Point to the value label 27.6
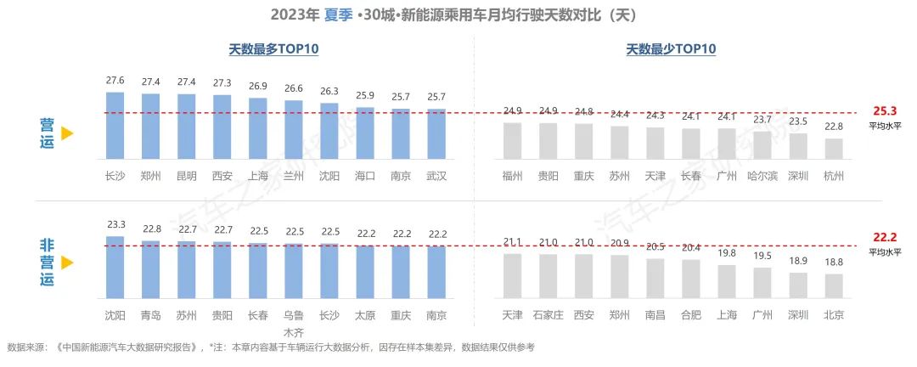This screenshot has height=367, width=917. pyautogui.click(x=115, y=81)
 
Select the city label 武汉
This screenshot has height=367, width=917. pyautogui.click(x=436, y=176)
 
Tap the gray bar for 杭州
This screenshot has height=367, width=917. pyautogui.click(x=834, y=150)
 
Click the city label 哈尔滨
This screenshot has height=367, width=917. pyautogui.click(x=762, y=176)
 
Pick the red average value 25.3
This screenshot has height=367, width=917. pyautogui.click(x=883, y=111)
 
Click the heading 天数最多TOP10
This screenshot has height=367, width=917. pyautogui.click(x=273, y=49)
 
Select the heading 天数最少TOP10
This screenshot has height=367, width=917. pyautogui.click(x=671, y=49)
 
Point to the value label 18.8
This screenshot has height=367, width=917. pyautogui.click(x=834, y=263)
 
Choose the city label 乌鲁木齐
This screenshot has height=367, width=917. pyautogui.click(x=294, y=322)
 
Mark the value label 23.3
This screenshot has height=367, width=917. pyautogui.click(x=115, y=225)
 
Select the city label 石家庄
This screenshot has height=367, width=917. pyautogui.click(x=549, y=315)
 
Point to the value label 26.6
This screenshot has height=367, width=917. pyautogui.click(x=294, y=88)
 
